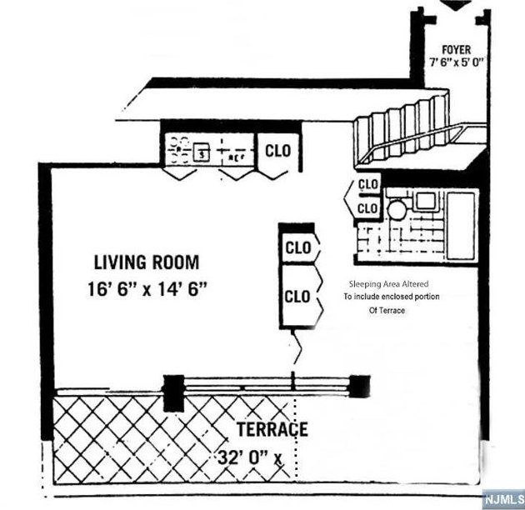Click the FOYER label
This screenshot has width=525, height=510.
click(456, 50)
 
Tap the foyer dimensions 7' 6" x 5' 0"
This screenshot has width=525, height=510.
click(456, 62)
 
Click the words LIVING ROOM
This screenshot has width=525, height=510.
click(147, 262)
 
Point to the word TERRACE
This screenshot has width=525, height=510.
click(272, 430)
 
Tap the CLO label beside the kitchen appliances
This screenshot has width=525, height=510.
click(277, 151)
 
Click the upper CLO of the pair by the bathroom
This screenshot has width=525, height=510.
click(367, 183)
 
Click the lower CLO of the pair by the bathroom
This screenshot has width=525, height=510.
click(367, 207)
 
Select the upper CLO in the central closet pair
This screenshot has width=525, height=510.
click(297, 247)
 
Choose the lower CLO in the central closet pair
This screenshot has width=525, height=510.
click(297, 296)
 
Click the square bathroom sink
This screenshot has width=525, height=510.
click(426, 199)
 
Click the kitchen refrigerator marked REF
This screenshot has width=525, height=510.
click(235, 153)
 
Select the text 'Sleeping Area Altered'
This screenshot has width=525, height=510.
click(388, 283)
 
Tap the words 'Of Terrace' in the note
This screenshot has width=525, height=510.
click(387, 311)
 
